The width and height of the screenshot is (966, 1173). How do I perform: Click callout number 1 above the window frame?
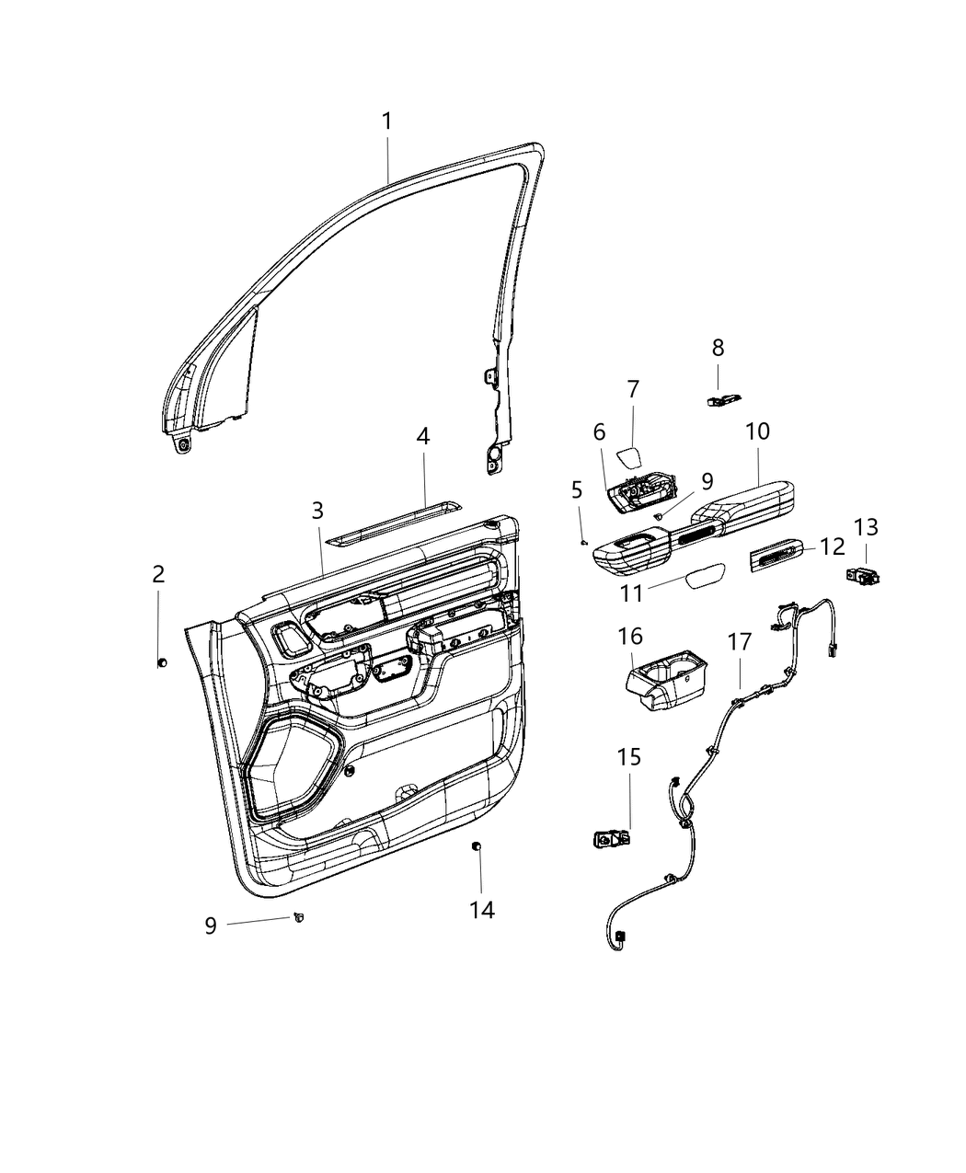point(387,121)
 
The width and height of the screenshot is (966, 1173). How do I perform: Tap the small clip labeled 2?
point(162,661)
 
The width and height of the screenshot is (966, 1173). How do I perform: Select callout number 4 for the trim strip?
point(422,436)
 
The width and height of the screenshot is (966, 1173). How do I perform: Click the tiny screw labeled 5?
point(583,543)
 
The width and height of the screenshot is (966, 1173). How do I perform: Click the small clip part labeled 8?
point(723,399)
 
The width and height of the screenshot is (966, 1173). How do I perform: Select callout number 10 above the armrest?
point(758,431)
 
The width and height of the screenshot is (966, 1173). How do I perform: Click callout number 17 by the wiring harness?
point(740,642)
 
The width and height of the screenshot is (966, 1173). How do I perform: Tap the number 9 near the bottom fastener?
point(211,926)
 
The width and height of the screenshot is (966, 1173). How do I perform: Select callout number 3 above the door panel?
point(316,510)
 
